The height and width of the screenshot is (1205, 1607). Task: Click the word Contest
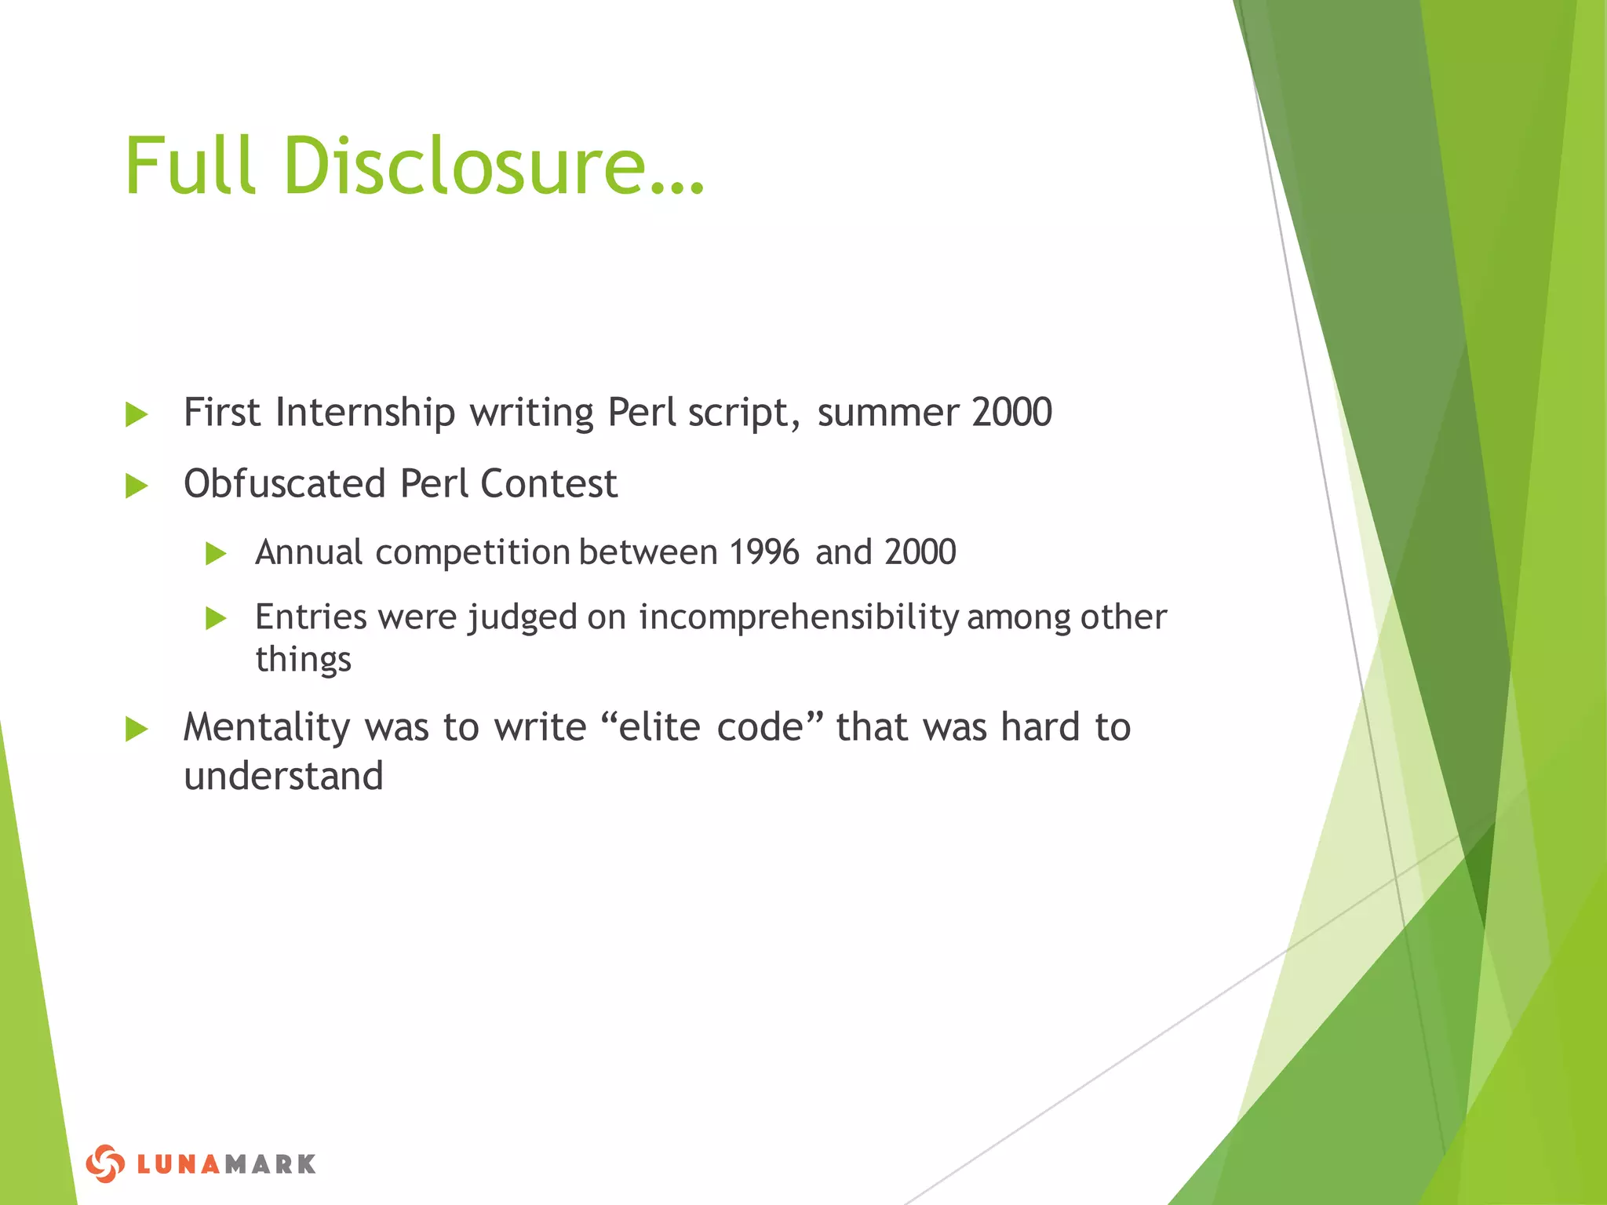(x=548, y=483)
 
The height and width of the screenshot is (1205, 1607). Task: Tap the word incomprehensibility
(x=798, y=617)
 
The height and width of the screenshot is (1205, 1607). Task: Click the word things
(x=303, y=659)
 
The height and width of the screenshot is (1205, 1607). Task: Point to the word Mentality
(x=267, y=727)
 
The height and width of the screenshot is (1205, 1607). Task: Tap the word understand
(x=283, y=777)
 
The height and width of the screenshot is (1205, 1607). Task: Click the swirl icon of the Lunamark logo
(x=105, y=1163)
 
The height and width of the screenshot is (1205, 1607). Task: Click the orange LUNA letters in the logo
(x=180, y=1164)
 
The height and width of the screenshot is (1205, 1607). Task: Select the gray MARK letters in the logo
(x=271, y=1164)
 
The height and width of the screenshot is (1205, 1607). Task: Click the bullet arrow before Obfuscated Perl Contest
(x=137, y=486)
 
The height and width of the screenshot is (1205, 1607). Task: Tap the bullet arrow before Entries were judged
(x=215, y=619)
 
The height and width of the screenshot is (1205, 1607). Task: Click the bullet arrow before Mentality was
(x=137, y=729)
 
